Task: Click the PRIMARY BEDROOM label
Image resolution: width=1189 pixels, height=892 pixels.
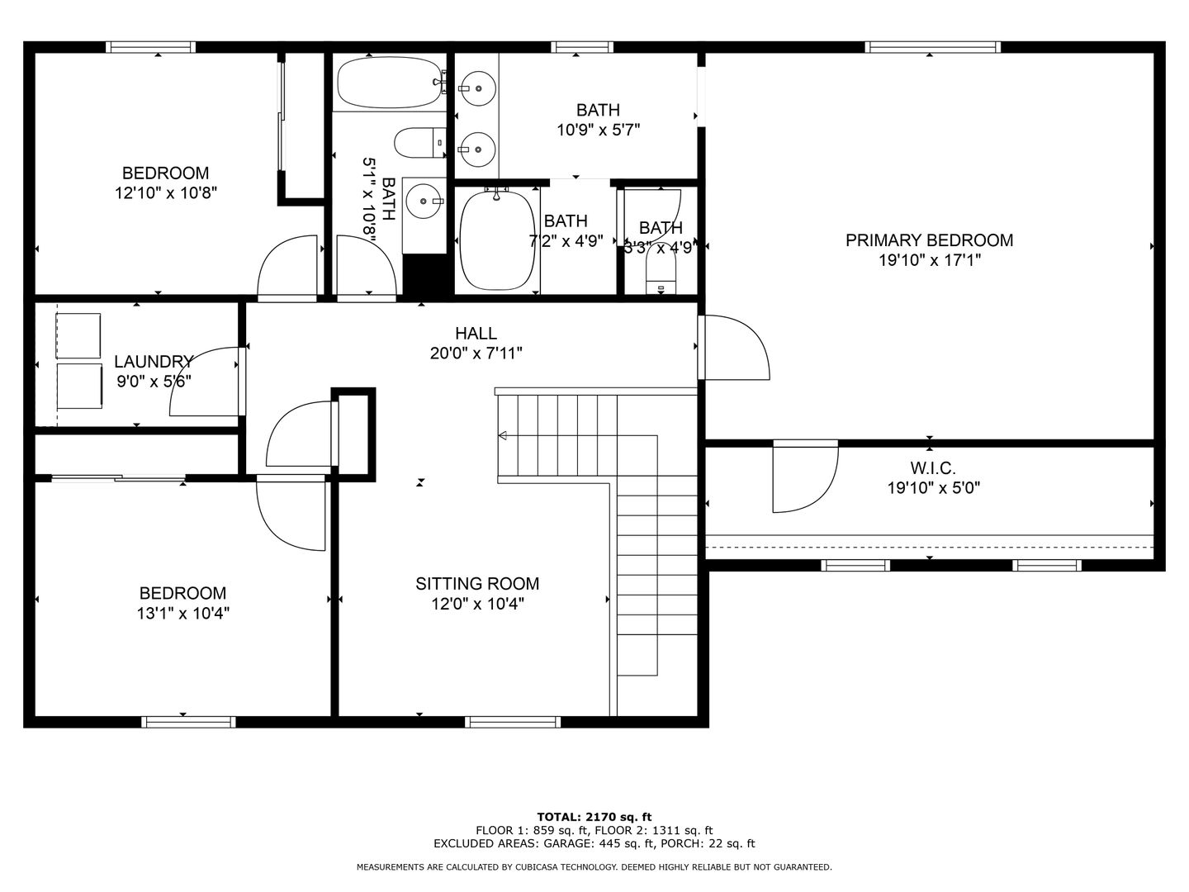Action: coord(929,240)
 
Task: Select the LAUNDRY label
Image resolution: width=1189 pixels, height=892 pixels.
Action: coord(154,362)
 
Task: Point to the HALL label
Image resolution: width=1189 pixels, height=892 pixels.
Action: coord(476,334)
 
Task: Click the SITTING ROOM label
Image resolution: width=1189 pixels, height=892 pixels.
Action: coord(477,584)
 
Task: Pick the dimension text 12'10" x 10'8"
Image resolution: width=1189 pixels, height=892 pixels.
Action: coord(165,193)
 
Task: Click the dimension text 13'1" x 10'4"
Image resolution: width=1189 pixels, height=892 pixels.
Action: coord(182,614)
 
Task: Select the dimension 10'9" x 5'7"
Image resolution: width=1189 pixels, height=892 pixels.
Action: coord(598,130)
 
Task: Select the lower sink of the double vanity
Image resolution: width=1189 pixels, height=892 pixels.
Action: coord(476,149)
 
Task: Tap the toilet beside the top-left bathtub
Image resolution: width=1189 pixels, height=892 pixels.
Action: coord(419,143)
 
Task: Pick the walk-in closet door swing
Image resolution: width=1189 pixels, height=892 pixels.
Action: coord(801,479)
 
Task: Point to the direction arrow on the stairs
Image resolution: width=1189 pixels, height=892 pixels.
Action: coord(502,436)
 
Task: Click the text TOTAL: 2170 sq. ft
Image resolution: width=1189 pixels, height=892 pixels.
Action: coord(594,817)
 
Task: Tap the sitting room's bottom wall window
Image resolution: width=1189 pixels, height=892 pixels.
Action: coord(513,722)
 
